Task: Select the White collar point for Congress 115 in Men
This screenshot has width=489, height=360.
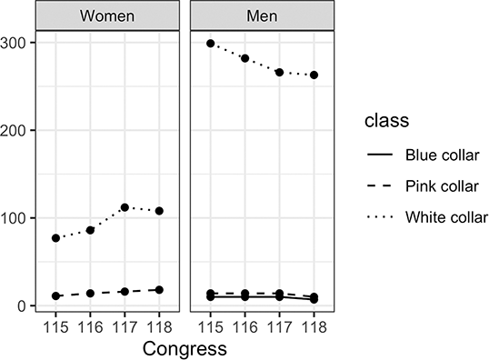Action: coord(211,44)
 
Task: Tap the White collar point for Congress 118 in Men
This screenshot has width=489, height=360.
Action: coord(313,75)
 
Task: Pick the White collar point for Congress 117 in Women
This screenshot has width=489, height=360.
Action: coord(125,207)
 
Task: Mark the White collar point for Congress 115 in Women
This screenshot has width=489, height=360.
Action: coord(56,238)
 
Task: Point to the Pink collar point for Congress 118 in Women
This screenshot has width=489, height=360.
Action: coord(158,290)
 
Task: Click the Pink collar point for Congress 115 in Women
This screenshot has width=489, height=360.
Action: coord(56,296)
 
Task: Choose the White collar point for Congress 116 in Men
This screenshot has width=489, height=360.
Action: coord(244,58)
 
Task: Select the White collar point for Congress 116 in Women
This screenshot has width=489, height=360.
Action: coord(90,230)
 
